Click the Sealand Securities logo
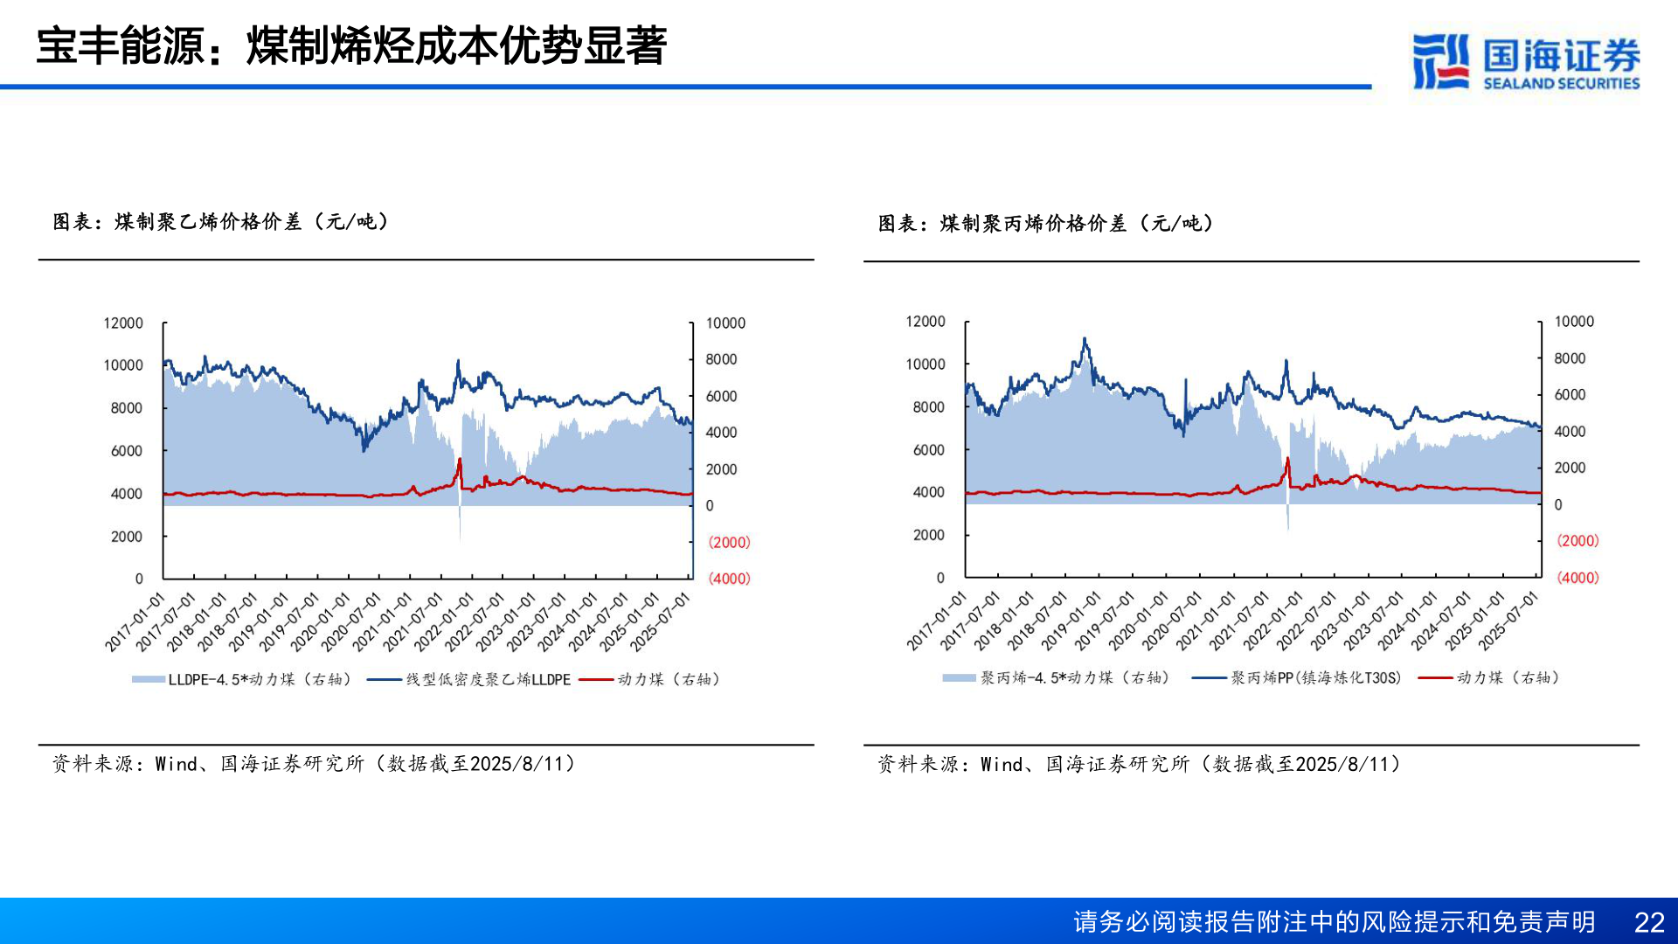pos(1526,61)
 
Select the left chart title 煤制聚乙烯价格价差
pos(220,222)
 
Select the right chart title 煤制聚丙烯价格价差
pos(1045,224)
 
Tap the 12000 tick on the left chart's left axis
pos(123,323)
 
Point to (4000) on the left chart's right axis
pos(729,579)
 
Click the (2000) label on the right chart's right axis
pos(1577,541)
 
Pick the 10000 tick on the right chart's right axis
pos(1574,322)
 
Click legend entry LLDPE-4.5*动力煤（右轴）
pos(242,679)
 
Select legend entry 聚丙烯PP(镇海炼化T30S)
pos(1297,677)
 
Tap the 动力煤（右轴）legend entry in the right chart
pos(1489,677)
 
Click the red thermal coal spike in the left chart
pos(460,462)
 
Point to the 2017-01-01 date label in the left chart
pos(135,622)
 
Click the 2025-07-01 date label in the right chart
pos(1508,621)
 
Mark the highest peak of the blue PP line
pos(1085,339)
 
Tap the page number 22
pos(1648,922)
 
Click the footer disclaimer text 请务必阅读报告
pos(1334,922)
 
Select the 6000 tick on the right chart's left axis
pos(928,450)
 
